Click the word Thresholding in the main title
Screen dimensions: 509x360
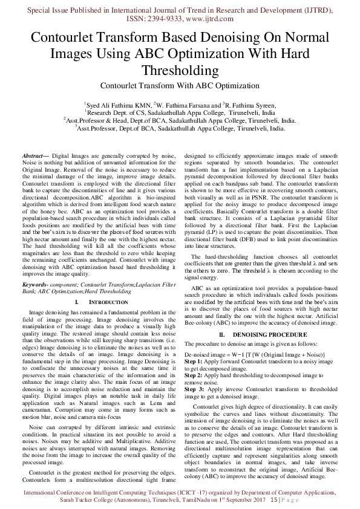click(180, 71)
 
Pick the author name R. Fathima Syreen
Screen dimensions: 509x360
click(250, 105)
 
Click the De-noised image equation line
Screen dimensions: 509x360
click(254, 353)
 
